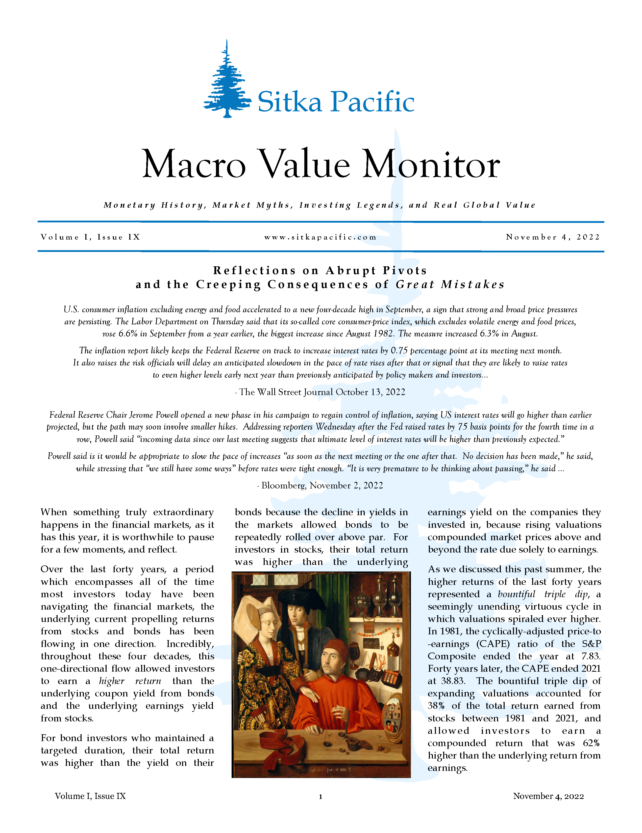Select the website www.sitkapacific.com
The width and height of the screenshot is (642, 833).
(x=320, y=237)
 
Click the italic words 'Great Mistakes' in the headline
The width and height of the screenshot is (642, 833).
(x=450, y=284)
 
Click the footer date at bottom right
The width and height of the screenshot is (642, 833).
(x=549, y=796)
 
